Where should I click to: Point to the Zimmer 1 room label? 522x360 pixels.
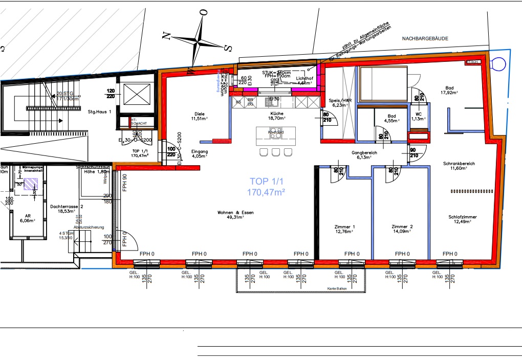tap(344, 229)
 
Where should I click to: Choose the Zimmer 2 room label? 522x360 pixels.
tap(402, 229)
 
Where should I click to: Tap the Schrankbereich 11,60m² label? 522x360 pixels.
tap(459, 166)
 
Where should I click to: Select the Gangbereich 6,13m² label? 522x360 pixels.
tap(364, 155)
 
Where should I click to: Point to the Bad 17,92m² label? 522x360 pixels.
tap(450, 90)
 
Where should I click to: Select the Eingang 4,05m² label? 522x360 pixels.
tap(199, 154)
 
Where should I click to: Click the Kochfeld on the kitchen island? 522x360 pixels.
tap(276, 132)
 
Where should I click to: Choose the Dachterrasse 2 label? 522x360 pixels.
tap(67, 209)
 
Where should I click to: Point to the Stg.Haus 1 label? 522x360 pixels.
tap(99, 111)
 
